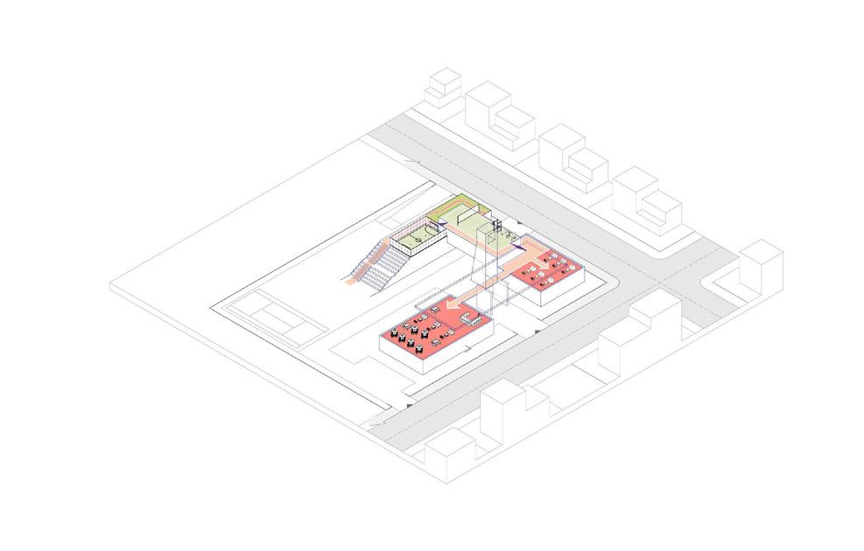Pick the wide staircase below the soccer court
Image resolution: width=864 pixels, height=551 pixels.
[x=375, y=267]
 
